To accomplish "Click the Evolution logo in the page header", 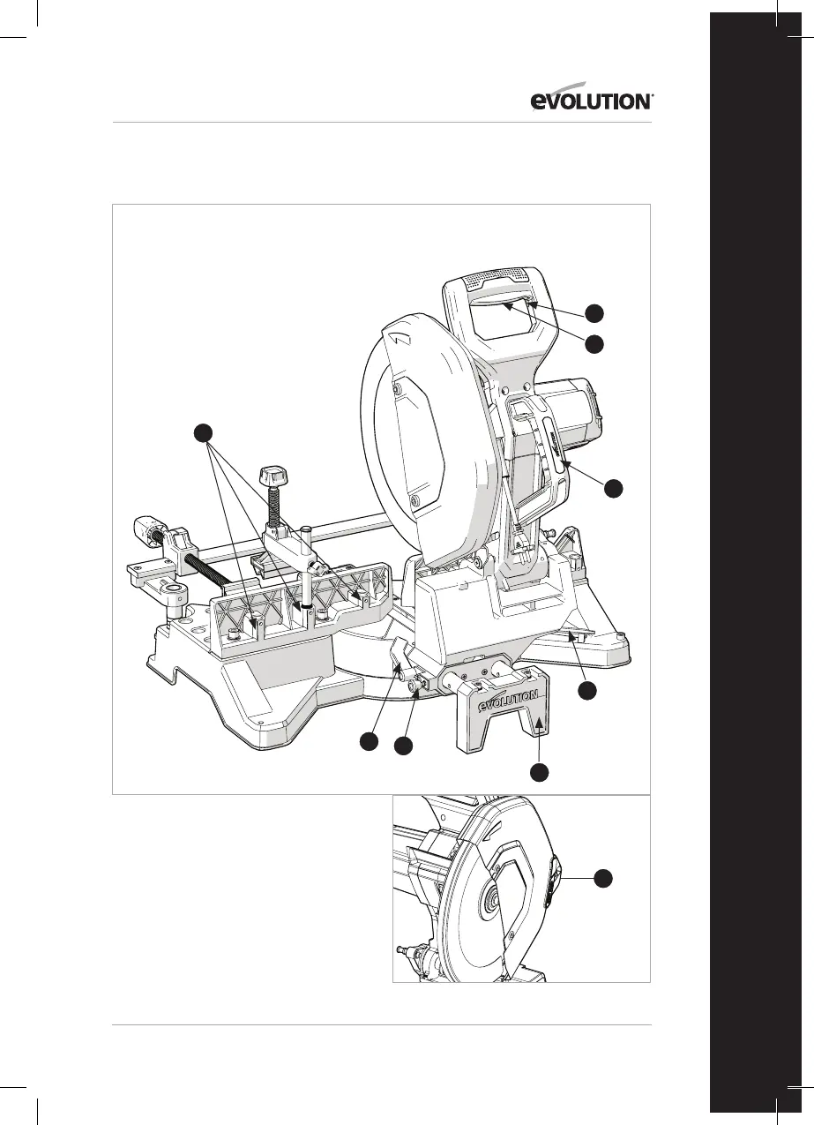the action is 591,101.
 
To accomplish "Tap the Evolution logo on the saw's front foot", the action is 508,703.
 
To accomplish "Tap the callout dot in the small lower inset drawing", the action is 602,878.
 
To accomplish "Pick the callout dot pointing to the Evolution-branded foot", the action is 540,772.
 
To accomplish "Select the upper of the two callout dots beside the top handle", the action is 595,311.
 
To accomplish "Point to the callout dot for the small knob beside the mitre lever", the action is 403,746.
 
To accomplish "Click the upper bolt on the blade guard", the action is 397,389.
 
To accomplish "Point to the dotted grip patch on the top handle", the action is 494,277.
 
